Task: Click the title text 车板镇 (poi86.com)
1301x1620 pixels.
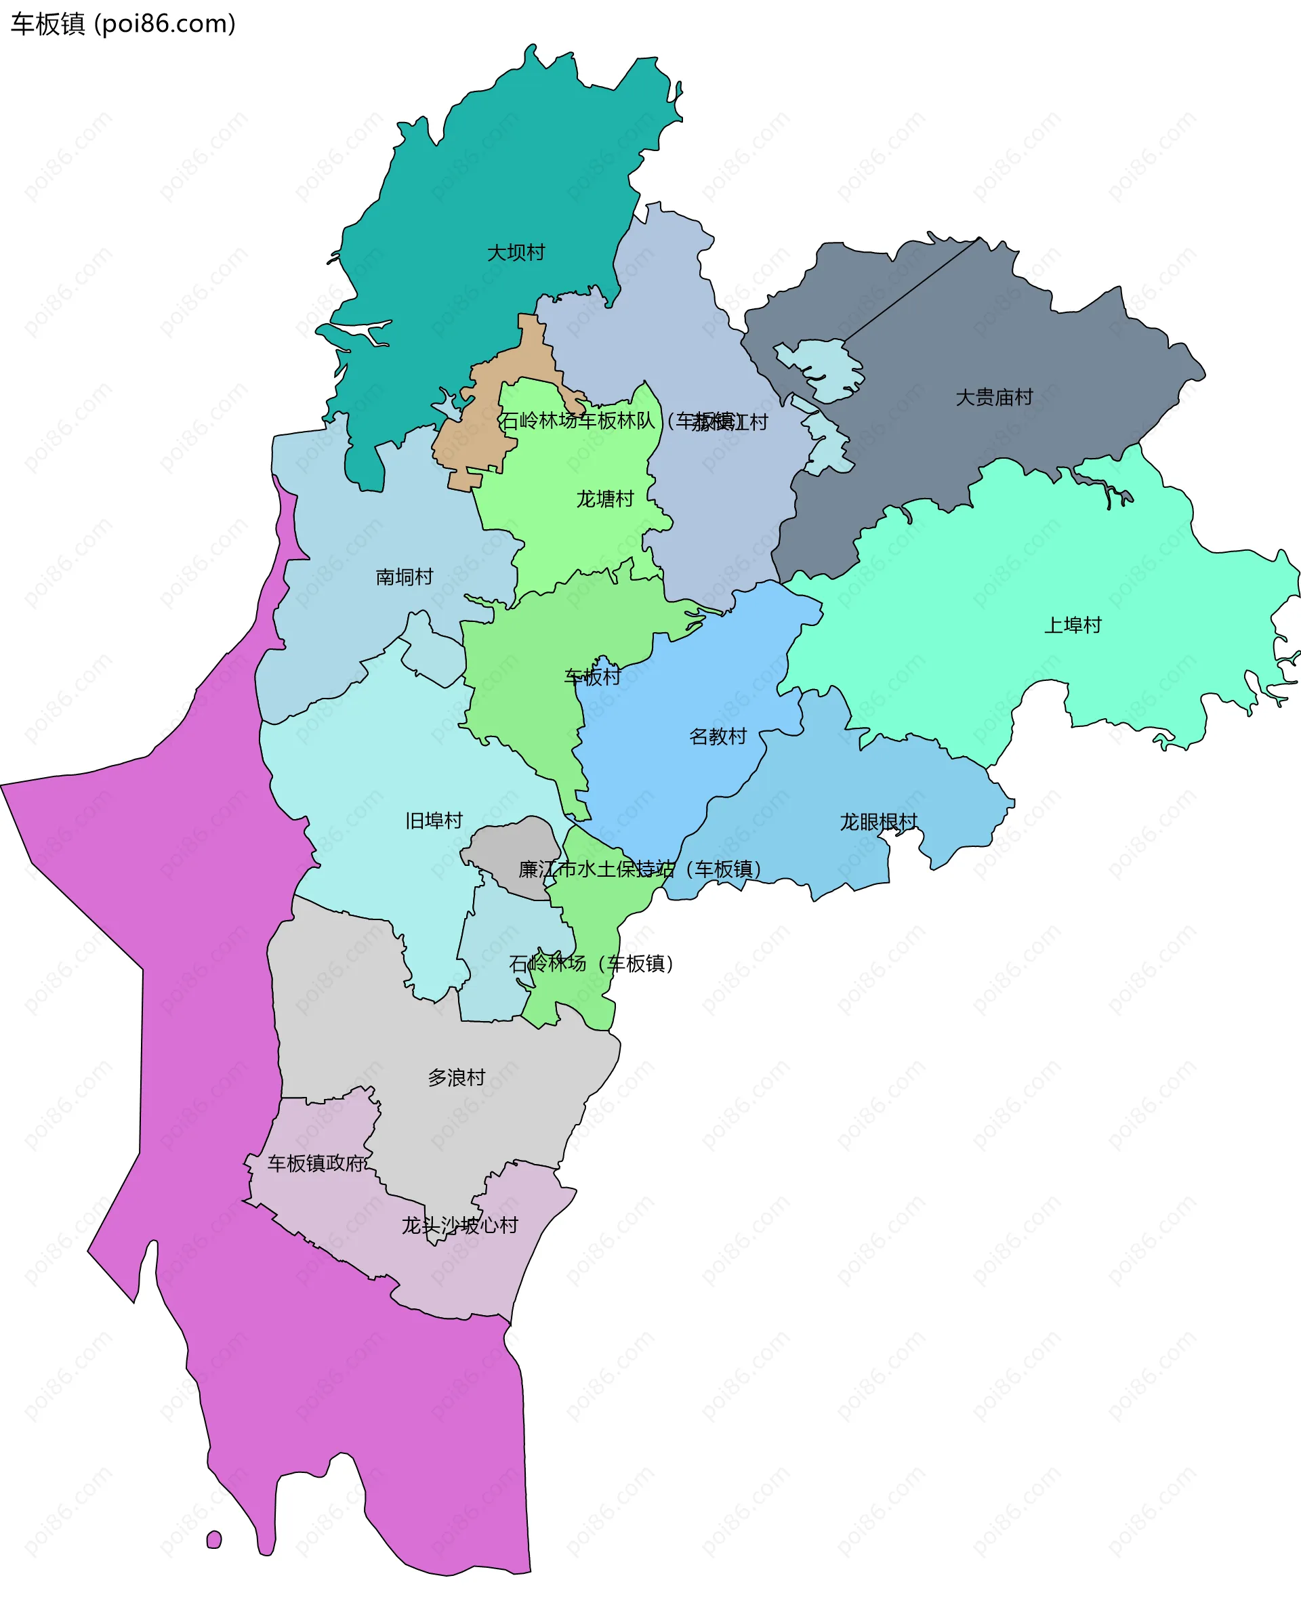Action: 123,24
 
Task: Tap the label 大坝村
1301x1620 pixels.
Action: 516,253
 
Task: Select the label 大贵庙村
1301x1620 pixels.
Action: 993,398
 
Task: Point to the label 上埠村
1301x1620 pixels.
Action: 1073,625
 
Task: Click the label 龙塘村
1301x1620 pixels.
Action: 605,499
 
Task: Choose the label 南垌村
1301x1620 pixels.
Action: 405,577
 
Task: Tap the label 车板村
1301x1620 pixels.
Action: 592,677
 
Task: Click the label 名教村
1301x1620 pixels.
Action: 718,736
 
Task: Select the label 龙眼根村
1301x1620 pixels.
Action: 878,822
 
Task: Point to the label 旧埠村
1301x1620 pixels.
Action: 434,821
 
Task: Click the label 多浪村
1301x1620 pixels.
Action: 456,1077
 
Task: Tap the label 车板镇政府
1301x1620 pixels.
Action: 316,1163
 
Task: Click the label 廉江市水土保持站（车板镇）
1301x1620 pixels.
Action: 640,869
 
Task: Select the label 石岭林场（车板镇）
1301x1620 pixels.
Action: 591,963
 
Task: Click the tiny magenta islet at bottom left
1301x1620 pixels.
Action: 214,1539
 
